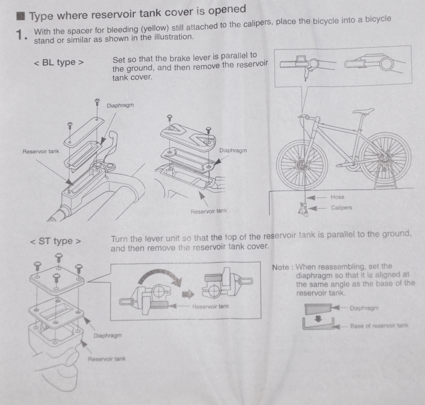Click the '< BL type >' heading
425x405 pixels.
point(59,62)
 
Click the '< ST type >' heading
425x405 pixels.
point(56,241)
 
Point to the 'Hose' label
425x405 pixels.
point(337,197)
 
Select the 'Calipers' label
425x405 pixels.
point(341,208)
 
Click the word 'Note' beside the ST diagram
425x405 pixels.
point(280,267)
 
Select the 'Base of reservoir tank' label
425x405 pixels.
point(379,326)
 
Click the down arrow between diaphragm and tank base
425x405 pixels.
point(319,319)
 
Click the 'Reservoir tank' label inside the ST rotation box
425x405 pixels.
point(211,307)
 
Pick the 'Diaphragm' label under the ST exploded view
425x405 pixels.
point(108,336)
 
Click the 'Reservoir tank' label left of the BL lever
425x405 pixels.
point(41,151)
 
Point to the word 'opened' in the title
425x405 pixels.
point(227,10)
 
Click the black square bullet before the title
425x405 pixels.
point(20,16)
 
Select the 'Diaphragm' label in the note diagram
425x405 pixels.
point(364,308)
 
